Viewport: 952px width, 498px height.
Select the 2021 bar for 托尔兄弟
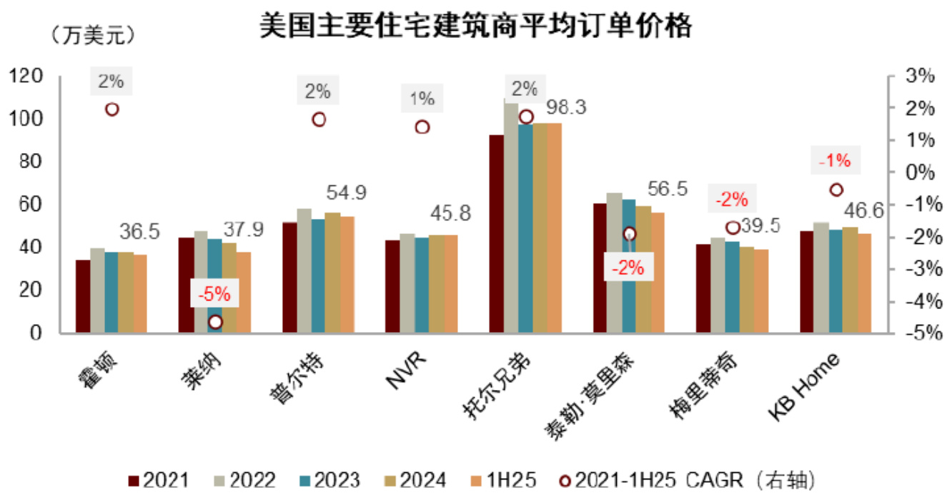[x=496, y=233]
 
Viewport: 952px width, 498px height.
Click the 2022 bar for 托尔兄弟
[x=511, y=218]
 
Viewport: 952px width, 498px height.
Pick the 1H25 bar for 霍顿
[x=140, y=293]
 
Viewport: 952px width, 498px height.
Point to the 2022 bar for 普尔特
[x=304, y=270]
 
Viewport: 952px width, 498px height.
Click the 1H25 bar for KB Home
[x=864, y=283]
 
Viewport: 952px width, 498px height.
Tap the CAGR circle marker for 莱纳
[x=215, y=322]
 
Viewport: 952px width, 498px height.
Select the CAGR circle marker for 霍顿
[x=111, y=109]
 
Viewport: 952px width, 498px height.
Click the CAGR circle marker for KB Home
[x=836, y=190]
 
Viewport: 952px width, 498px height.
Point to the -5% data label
[x=214, y=293]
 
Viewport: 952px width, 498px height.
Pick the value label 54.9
[x=346, y=192]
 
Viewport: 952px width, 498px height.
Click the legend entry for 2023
[x=327, y=479]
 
